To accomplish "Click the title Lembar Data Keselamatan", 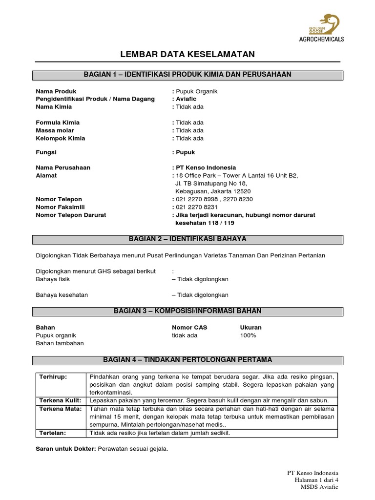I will [187, 54].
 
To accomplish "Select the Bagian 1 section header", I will [187, 75].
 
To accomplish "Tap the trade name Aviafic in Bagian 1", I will [186, 99].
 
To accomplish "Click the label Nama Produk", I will [56, 91].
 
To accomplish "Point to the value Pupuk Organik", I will [197, 91].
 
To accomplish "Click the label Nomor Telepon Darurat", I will [71, 215].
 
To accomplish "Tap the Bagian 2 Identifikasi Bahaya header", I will [187, 239].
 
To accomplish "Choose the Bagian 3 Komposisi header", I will [187, 311].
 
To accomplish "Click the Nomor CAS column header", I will [189, 327].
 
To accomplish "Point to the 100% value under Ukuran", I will [248, 335].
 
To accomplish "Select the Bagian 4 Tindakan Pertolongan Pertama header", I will [187, 360].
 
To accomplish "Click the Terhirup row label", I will [54, 377].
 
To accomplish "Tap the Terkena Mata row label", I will [61, 409].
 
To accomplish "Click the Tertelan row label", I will [52, 433].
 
